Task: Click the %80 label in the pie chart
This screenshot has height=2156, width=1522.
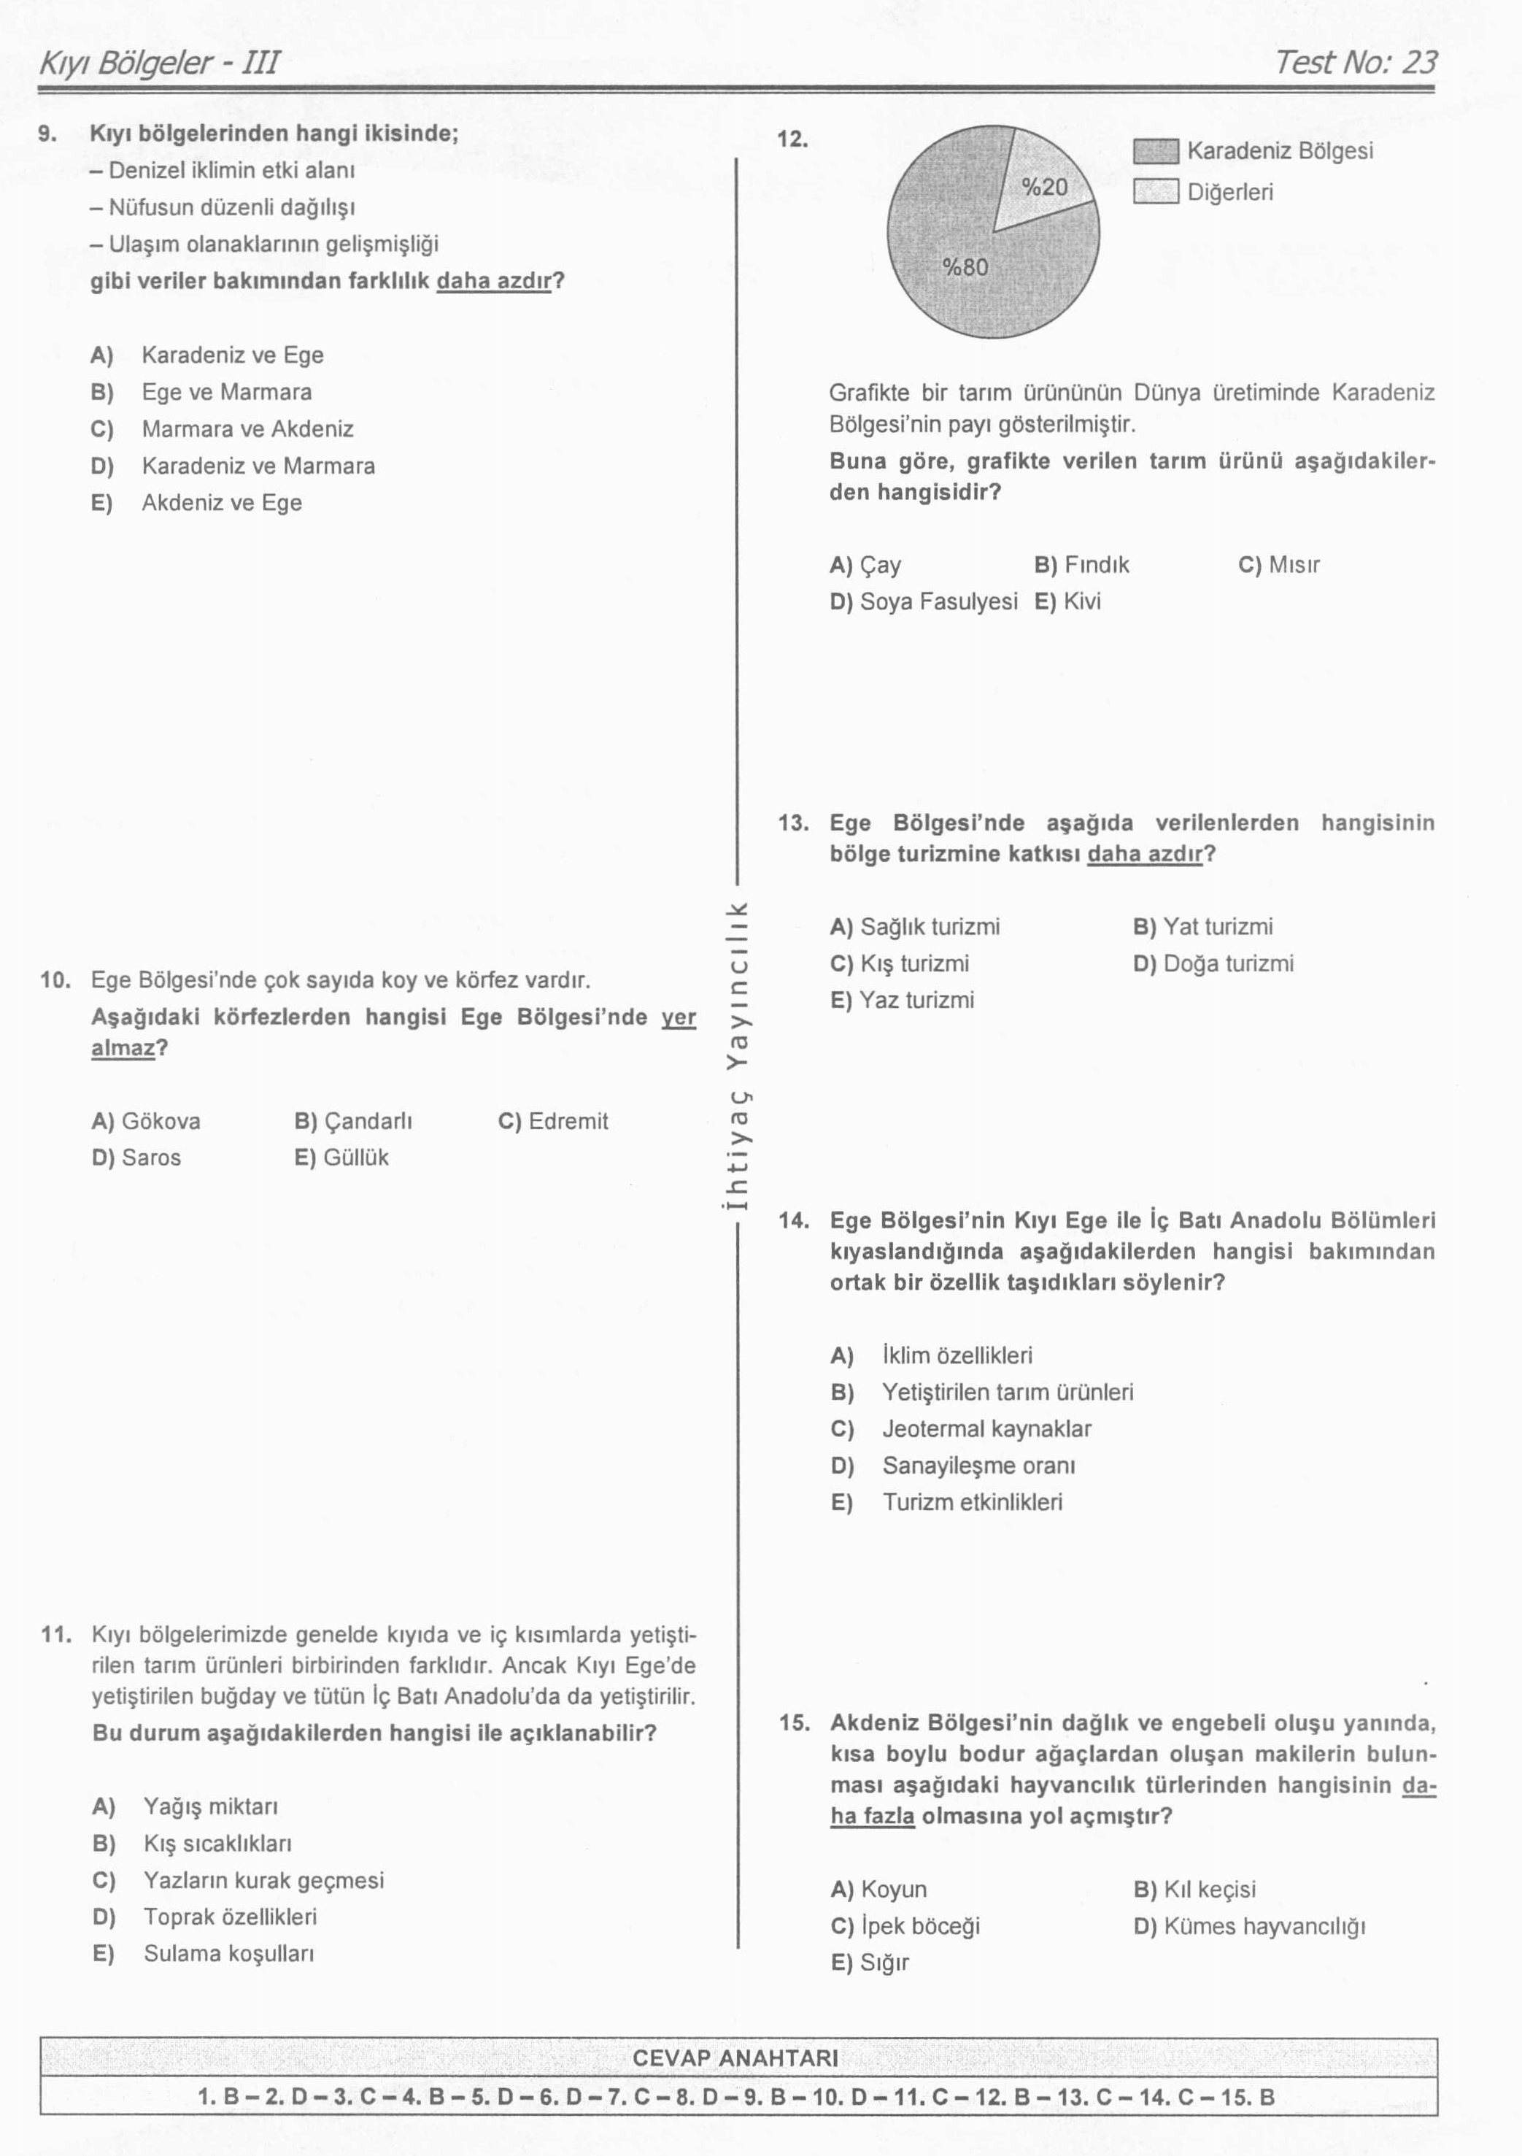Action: point(965,268)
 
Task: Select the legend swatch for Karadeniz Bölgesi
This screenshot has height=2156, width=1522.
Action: point(1155,151)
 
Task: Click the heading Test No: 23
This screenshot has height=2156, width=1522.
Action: point(1355,62)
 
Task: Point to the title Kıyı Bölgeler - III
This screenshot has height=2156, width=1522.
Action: point(158,63)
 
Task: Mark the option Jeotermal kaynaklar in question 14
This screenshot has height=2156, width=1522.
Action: point(985,1429)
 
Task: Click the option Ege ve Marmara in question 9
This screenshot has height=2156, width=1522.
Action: point(225,392)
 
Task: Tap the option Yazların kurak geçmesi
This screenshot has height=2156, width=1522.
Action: point(263,1880)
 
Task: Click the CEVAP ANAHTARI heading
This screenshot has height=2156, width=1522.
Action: point(735,2058)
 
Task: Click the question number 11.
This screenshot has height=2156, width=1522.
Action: point(56,1634)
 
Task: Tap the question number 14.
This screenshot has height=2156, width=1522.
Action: point(793,1221)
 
